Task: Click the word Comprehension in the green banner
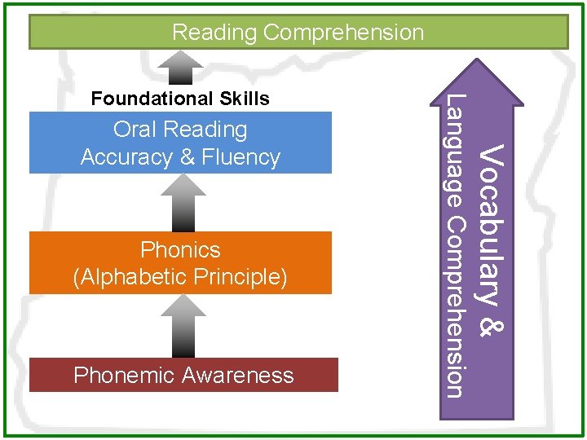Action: pyautogui.click(x=344, y=33)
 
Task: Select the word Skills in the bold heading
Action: pyautogui.click(x=244, y=99)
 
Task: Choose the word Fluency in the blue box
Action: pyautogui.click(x=241, y=156)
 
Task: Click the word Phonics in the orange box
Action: pyautogui.click(x=180, y=249)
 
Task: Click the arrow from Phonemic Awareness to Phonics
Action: pyautogui.click(x=183, y=326)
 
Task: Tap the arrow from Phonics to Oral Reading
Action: pyautogui.click(x=183, y=203)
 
